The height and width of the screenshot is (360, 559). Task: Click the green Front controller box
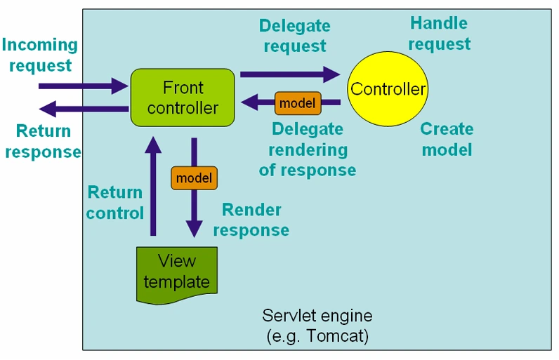[183, 98]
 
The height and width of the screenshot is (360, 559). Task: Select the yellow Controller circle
[388, 90]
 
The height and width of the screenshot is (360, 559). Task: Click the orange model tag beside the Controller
[297, 103]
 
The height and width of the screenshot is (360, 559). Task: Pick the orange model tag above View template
[194, 178]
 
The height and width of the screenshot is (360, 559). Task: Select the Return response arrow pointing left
[84, 109]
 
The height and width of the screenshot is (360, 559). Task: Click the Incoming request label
[40, 55]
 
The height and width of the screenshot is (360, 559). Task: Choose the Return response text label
[44, 141]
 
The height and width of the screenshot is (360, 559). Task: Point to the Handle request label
[439, 34]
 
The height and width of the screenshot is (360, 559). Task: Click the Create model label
[447, 139]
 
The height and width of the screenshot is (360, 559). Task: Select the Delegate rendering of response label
[307, 149]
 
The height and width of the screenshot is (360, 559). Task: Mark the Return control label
[115, 202]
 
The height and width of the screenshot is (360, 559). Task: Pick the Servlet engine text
[317, 315]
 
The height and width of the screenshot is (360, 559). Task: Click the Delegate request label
[294, 36]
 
